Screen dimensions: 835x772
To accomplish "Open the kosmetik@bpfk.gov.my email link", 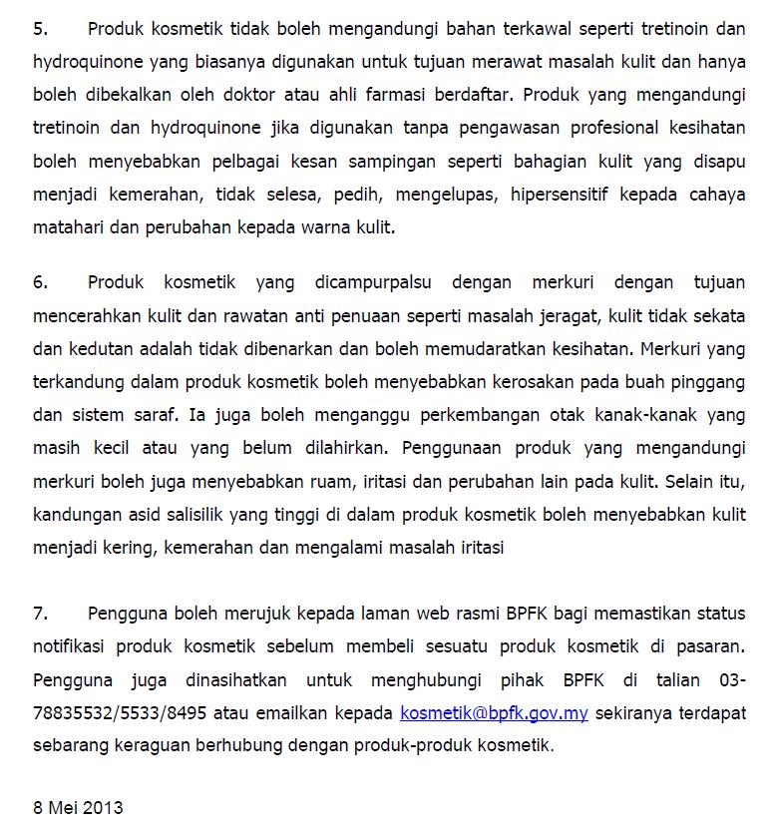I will click(x=494, y=713).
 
